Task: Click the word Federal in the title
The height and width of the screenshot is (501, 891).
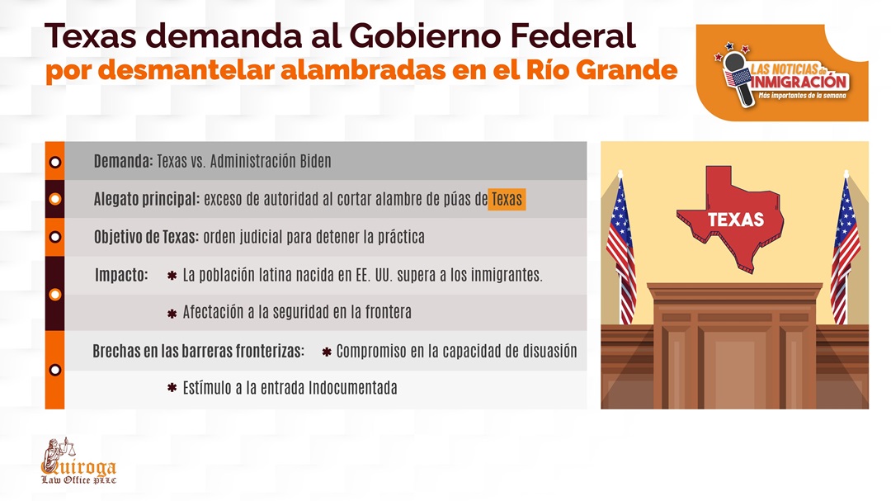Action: (x=573, y=35)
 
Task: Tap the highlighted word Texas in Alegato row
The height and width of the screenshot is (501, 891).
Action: (x=507, y=199)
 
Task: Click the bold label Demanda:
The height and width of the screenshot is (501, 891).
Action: (x=123, y=162)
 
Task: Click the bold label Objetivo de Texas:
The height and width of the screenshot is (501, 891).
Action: (x=147, y=237)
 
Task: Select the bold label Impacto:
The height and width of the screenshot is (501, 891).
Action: (x=121, y=275)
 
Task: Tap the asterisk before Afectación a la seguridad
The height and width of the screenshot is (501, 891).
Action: (x=172, y=314)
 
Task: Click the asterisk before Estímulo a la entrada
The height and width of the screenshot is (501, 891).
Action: (x=172, y=388)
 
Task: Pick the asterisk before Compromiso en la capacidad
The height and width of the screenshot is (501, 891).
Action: (x=327, y=352)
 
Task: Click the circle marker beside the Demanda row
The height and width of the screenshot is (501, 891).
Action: (x=55, y=162)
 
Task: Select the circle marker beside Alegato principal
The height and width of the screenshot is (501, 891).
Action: (x=55, y=199)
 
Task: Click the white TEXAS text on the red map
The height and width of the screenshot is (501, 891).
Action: (x=736, y=220)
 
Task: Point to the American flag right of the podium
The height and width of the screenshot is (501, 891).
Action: (x=846, y=248)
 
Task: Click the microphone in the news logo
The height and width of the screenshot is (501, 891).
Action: (x=738, y=78)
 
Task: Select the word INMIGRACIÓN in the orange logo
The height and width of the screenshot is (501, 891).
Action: (x=800, y=82)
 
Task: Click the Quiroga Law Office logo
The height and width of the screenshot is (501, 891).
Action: (x=78, y=461)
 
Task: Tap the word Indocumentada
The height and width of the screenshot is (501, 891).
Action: (x=352, y=388)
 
